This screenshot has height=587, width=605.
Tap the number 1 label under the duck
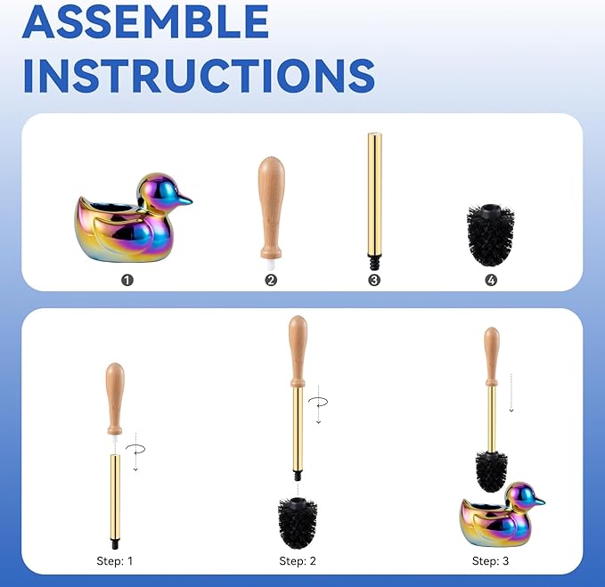[x=127, y=280]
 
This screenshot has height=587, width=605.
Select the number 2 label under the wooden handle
[x=271, y=280]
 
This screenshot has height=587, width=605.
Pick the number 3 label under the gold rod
[x=374, y=280]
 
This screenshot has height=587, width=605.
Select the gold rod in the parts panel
[x=374, y=192]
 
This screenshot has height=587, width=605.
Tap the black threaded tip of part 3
[x=374, y=264]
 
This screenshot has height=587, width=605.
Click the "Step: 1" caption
[x=115, y=561]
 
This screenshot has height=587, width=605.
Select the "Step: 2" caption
[x=298, y=561]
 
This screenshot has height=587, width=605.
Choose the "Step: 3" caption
[x=490, y=561]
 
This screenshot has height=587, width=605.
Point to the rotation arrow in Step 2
[x=317, y=405]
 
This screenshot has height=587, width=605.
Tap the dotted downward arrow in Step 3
[x=511, y=392]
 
